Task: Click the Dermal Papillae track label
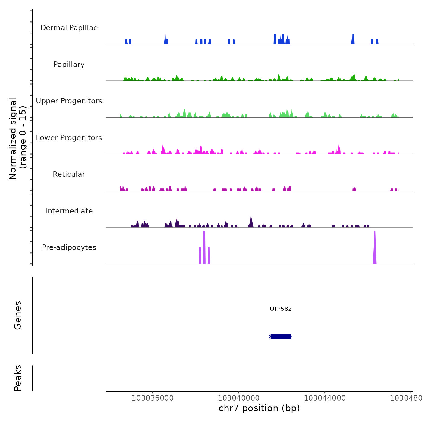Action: [x=69, y=28]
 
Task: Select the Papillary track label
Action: [x=69, y=65]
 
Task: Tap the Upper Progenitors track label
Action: [x=69, y=101]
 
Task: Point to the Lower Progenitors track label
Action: [x=69, y=138]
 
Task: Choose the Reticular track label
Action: [x=69, y=174]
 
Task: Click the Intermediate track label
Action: [x=69, y=211]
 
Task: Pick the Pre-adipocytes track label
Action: [x=69, y=247]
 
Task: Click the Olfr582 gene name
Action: [x=281, y=309]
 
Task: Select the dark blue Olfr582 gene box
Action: [x=281, y=336]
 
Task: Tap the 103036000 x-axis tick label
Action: [x=153, y=398]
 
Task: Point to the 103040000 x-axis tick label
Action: [x=239, y=398]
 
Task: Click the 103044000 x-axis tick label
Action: [x=325, y=398]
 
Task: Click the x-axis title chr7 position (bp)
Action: [x=259, y=408]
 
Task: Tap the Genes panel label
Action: [x=18, y=315]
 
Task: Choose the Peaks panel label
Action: [x=18, y=378]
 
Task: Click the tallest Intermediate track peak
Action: [x=251, y=222]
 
